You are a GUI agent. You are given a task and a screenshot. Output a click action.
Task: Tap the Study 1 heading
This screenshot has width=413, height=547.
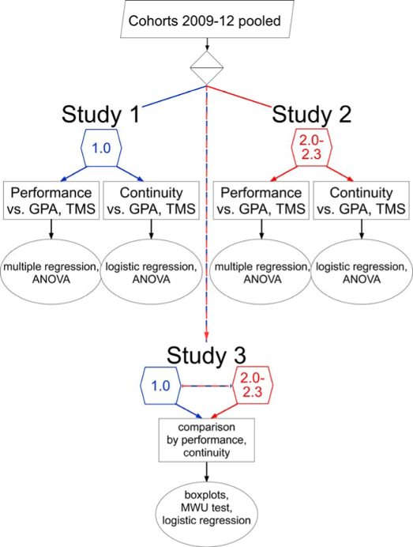tap(101, 114)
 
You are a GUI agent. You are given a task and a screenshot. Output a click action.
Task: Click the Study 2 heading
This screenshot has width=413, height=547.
tap(312, 114)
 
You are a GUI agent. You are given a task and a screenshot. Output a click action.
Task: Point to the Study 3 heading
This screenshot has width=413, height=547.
tap(206, 355)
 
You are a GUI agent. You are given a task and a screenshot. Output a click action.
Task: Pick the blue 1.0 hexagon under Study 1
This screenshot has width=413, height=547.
tap(101, 148)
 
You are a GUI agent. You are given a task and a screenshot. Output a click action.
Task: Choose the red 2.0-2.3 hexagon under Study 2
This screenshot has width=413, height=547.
tap(312, 148)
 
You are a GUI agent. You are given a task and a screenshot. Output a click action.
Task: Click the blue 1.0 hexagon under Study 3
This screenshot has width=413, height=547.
tap(160, 386)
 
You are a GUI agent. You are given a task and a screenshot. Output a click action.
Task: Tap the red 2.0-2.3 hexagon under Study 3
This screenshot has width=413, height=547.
tap(253, 386)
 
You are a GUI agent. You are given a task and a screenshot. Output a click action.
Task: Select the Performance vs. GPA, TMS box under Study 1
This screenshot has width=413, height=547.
tap(51, 200)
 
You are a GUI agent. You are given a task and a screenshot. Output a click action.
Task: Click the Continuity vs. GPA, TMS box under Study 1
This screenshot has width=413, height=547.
tap(152, 200)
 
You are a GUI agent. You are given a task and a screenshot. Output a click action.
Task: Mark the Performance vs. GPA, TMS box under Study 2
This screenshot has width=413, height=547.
tap(261, 200)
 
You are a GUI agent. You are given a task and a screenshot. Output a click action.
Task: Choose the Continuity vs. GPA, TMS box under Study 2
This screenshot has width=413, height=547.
tap(362, 200)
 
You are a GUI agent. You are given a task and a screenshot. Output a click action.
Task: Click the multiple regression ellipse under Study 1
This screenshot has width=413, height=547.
tap(51, 272)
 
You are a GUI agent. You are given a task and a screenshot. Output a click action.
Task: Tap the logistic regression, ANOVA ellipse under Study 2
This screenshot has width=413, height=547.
tap(362, 272)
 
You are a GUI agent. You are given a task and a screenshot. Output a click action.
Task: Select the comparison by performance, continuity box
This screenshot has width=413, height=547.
tap(207, 440)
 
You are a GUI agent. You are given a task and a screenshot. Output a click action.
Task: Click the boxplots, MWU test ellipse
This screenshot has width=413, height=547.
tap(206, 514)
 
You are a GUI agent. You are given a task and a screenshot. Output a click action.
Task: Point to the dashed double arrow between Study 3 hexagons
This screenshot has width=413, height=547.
tap(207, 386)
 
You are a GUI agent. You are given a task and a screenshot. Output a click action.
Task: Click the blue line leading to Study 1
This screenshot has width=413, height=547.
tap(174, 96)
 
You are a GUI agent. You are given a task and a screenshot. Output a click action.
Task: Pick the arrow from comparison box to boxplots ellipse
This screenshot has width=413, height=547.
tap(207, 472)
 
